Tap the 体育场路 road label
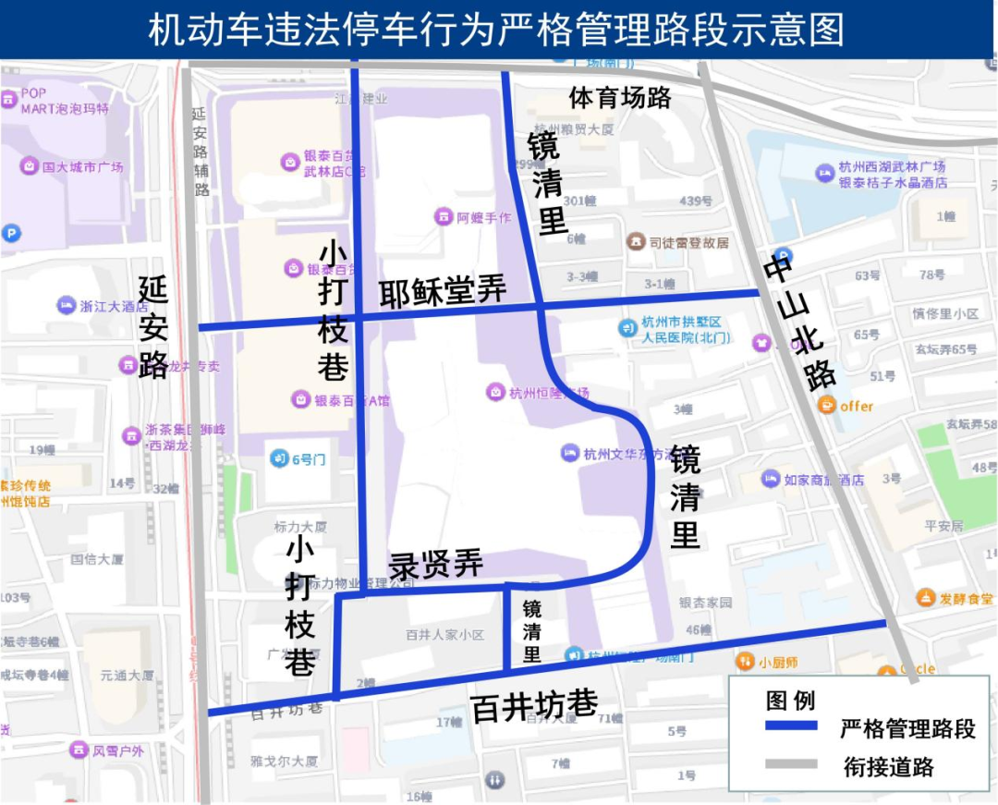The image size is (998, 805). (x=619, y=97)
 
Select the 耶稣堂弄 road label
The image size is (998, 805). (x=443, y=293)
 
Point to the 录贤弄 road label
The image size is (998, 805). (x=435, y=564)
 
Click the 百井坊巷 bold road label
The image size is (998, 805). (x=534, y=707)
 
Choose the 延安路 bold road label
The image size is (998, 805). (x=154, y=328)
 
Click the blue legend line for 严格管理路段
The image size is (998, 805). (x=791, y=726)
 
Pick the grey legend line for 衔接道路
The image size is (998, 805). (x=791, y=764)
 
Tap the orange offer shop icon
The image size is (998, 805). (x=827, y=406)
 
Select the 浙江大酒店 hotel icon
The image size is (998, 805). (x=66, y=306)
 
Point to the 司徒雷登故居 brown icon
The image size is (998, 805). (x=636, y=242)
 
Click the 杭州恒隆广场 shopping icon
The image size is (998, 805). (x=496, y=392)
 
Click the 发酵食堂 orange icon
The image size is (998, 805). (x=926, y=598)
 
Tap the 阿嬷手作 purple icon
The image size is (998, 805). (x=444, y=217)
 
